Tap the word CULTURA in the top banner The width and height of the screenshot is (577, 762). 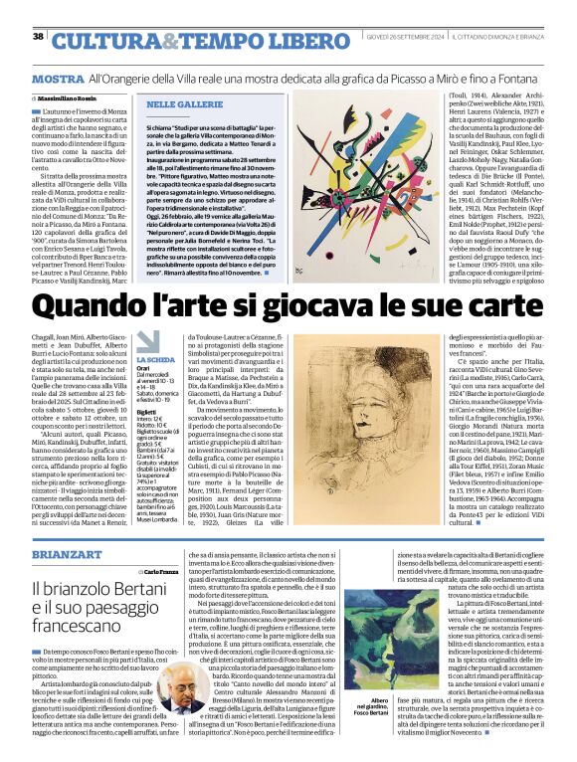tap(96, 41)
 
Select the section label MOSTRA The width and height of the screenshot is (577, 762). tap(58, 78)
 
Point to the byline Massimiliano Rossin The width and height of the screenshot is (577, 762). tap(71, 99)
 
